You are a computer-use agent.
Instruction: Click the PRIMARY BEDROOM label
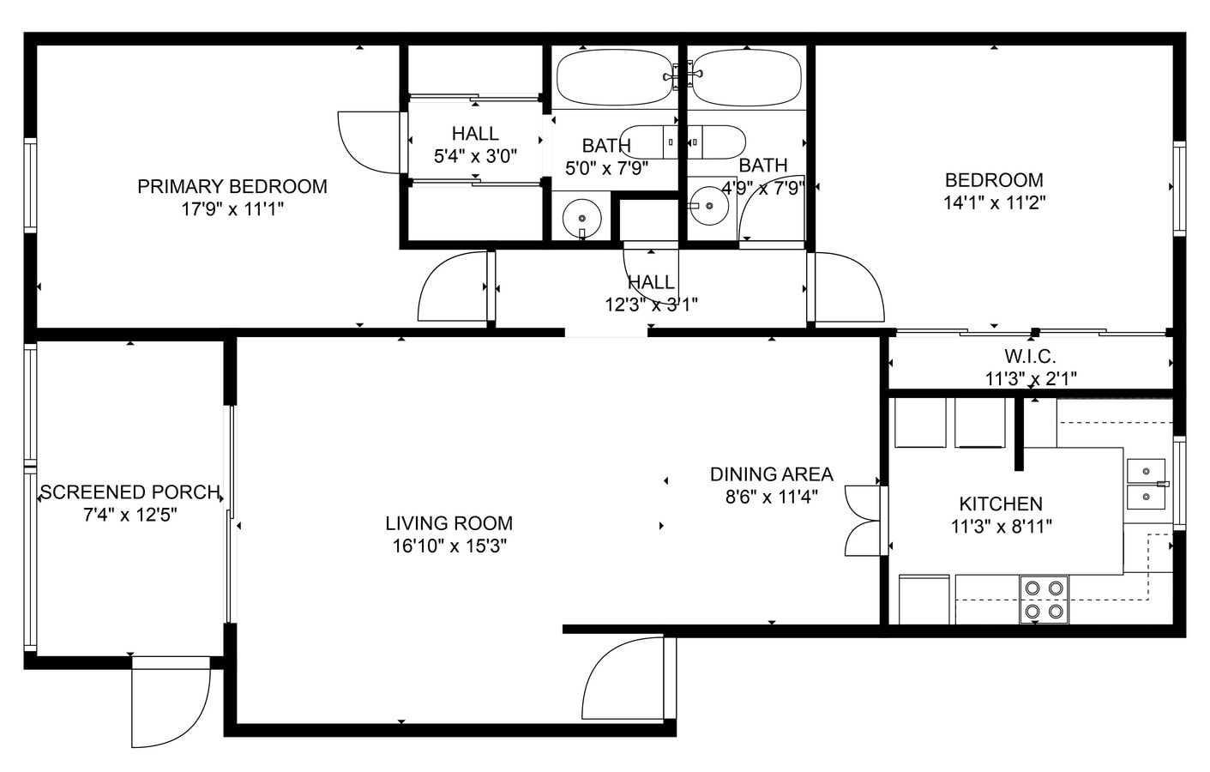(232, 186)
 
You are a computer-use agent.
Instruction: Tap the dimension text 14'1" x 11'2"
(994, 203)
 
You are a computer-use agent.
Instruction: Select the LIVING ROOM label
(448, 523)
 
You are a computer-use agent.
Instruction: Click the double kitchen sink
(1147, 484)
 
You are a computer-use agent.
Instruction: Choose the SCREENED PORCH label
(129, 492)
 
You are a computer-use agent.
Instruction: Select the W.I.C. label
(1030, 356)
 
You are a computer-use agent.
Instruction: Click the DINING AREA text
(771, 474)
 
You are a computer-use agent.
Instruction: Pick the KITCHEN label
(1001, 504)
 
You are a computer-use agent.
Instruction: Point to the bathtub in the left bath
(616, 77)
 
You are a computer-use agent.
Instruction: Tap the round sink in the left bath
(582, 214)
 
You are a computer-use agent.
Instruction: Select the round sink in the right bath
(708, 207)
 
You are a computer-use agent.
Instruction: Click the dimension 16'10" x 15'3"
(448, 546)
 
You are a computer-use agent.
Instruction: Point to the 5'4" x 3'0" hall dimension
(475, 156)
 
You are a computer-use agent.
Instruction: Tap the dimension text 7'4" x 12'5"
(129, 515)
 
